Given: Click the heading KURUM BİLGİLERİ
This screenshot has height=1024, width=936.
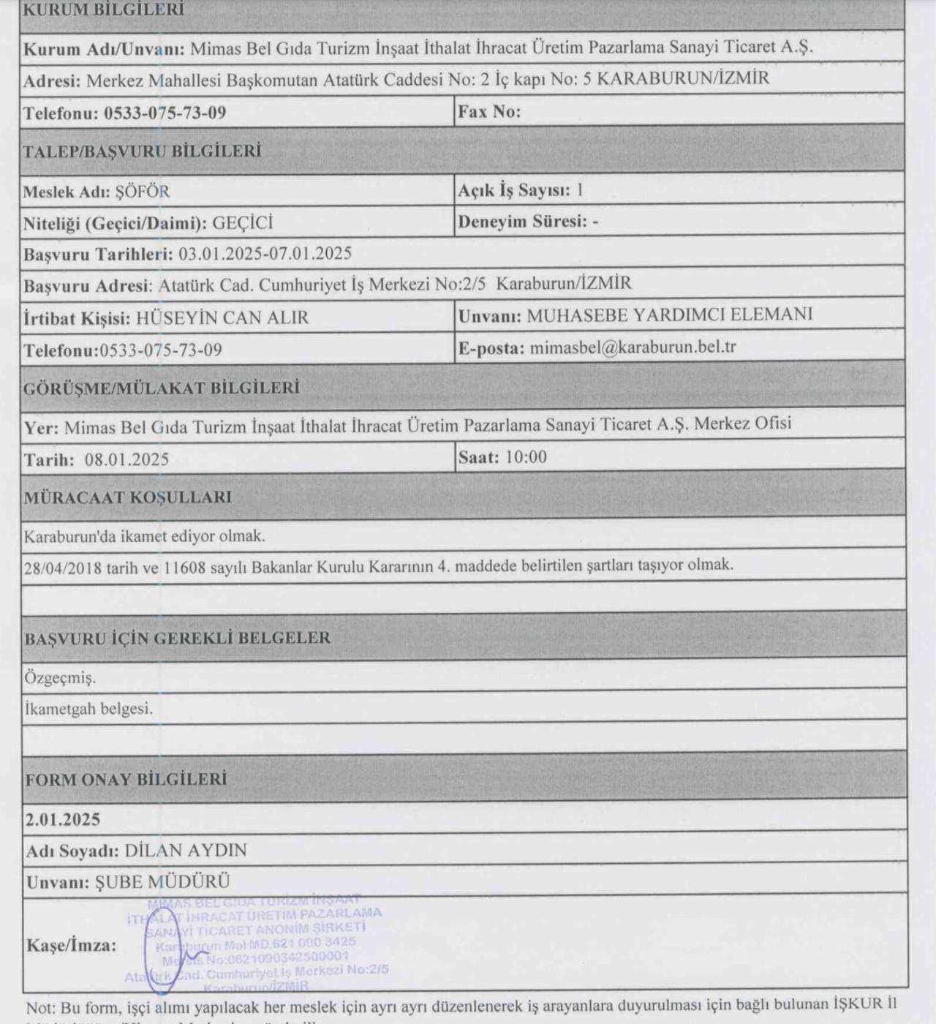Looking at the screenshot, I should pyautogui.click(x=103, y=10).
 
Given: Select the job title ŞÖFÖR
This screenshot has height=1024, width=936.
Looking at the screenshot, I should pyautogui.click(x=143, y=192).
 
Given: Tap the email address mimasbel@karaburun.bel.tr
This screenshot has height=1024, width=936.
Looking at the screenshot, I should pyautogui.click(x=633, y=347).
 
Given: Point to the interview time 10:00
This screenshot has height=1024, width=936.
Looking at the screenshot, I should pyautogui.click(x=526, y=457).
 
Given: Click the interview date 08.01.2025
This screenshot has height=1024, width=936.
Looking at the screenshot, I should pyautogui.click(x=127, y=459).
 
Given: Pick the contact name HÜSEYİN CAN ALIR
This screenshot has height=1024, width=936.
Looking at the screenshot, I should pyautogui.click(x=222, y=317).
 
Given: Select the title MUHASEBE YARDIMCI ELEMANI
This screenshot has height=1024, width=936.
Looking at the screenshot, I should pyautogui.click(x=669, y=315).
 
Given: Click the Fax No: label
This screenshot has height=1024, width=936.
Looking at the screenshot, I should pyautogui.click(x=489, y=112).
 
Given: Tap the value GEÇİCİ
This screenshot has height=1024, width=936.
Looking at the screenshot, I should pyautogui.click(x=242, y=223).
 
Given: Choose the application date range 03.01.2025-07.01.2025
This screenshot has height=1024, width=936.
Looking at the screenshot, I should pyautogui.click(x=265, y=254).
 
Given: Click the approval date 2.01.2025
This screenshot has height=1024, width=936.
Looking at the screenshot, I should pyautogui.click(x=63, y=819).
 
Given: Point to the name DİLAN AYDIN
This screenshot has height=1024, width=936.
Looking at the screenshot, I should pyautogui.click(x=186, y=851).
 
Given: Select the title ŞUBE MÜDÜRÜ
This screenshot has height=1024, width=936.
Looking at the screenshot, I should pyautogui.click(x=162, y=882).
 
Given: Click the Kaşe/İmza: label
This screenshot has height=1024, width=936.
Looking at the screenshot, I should pyautogui.click(x=72, y=945).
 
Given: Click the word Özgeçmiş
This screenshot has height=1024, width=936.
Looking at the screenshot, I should pyautogui.click(x=60, y=678).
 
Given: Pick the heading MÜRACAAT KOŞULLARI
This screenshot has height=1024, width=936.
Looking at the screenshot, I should pyautogui.click(x=128, y=498).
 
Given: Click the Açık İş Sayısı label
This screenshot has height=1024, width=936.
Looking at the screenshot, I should pyautogui.click(x=514, y=191).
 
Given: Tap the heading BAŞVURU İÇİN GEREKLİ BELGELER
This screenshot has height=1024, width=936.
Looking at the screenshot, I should pyautogui.click(x=178, y=639).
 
